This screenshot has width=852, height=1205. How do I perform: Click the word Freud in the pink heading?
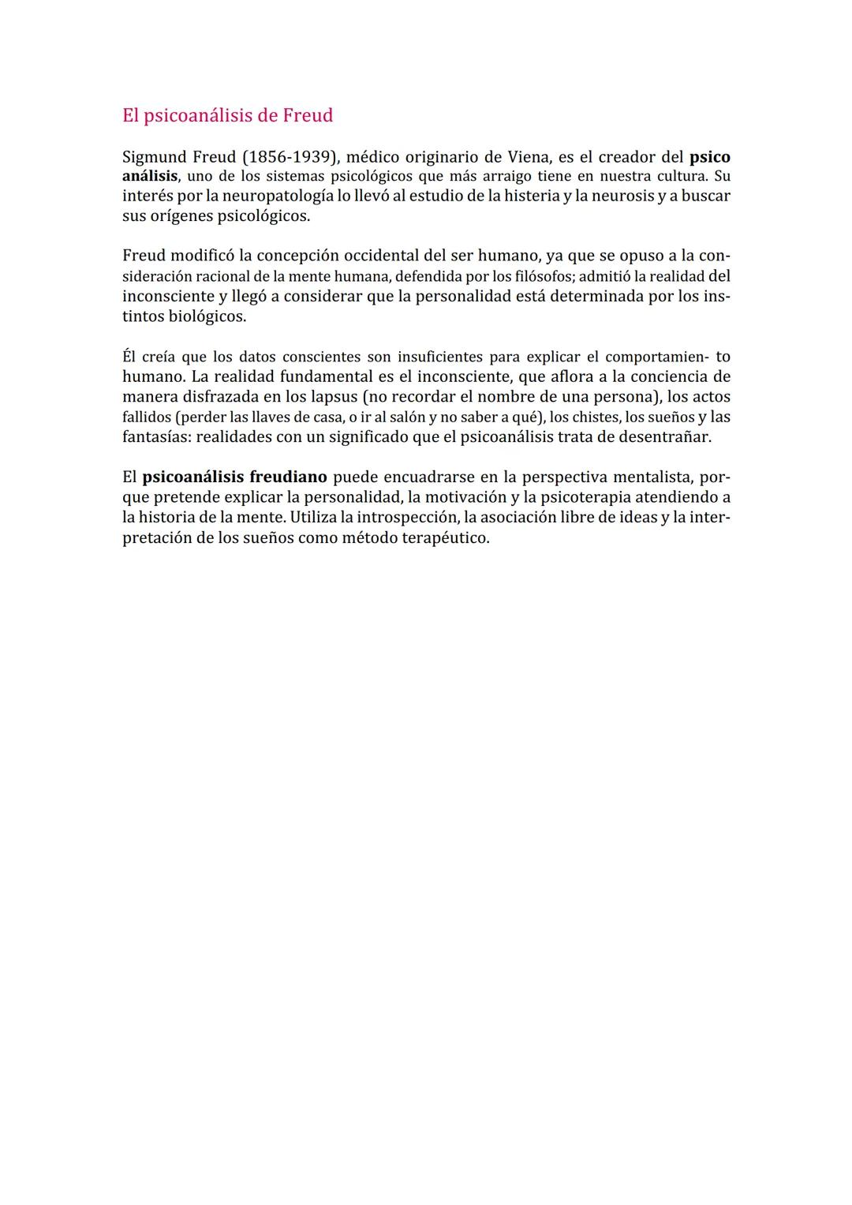(308, 115)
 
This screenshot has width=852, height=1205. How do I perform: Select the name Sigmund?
(154, 157)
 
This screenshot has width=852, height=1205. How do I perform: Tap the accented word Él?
(129, 357)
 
